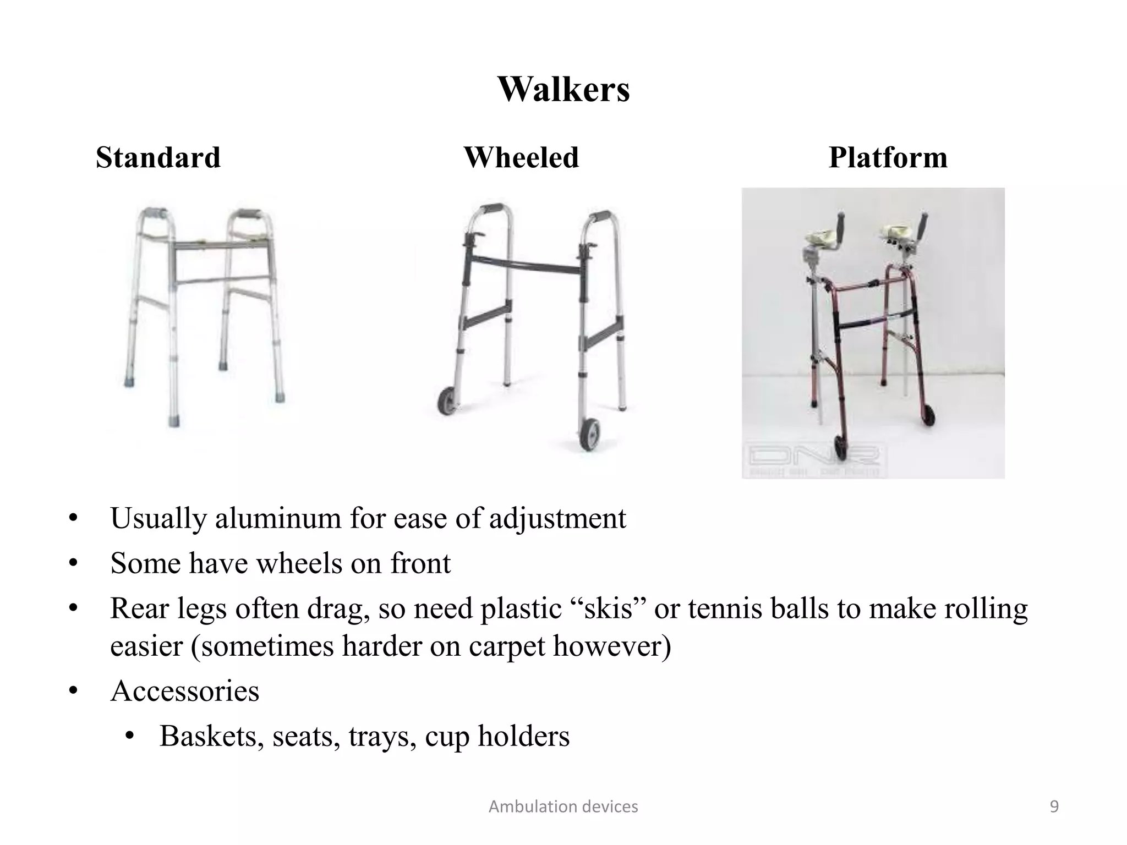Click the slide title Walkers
pyautogui.click(x=563, y=89)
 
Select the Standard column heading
pyautogui.click(x=158, y=157)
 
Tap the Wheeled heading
pyautogui.click(x=521, y=157)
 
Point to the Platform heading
pyautogui.click(x=888, y=157)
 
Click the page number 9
pyautogui.click(x=1054, y=806)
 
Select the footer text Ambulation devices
pyautogui.click(x=563, y=806)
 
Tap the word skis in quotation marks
pyautogui.click(x=608, y=609)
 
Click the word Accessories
pyautogui.click(x=184, y=691)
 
